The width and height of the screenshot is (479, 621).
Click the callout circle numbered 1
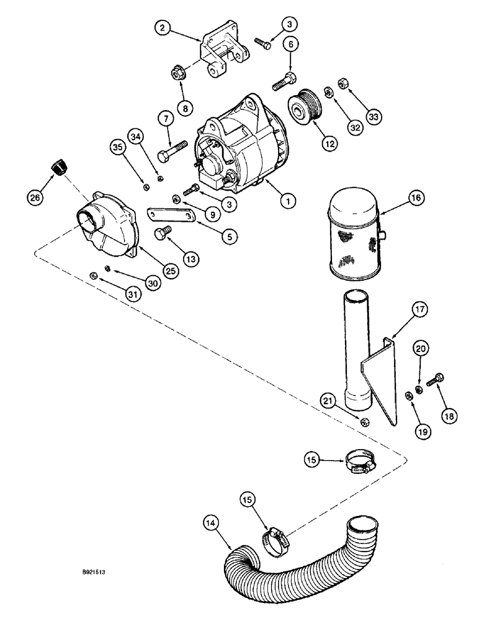point(287,201)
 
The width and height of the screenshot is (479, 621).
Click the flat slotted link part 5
point(168,215)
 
